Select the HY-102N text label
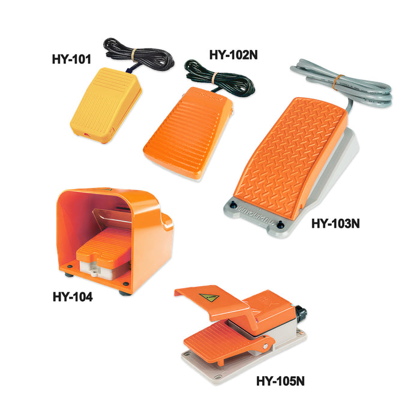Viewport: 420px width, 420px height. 235,54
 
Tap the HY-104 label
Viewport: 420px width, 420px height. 72,296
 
